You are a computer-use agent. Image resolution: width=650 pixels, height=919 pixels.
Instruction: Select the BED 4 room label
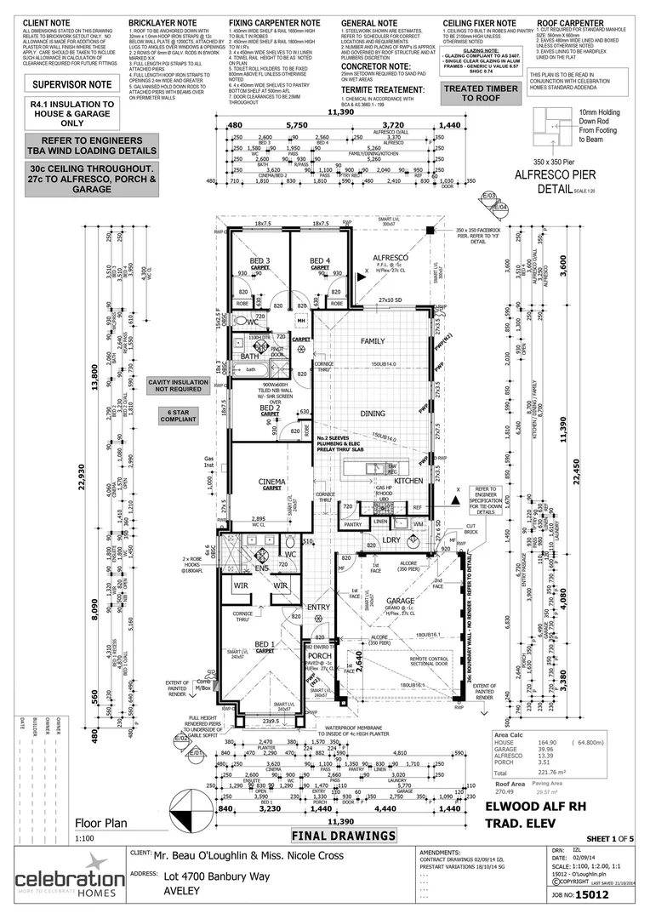pos(319,260)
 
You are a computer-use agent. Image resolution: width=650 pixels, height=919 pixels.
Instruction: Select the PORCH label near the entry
pos(319,655)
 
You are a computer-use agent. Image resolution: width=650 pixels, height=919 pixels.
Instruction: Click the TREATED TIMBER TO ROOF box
pos(481,93)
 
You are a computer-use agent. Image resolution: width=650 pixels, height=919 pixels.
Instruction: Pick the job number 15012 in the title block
pos(588,895)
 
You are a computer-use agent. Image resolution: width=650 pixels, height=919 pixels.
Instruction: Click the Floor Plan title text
pos(100,824)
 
